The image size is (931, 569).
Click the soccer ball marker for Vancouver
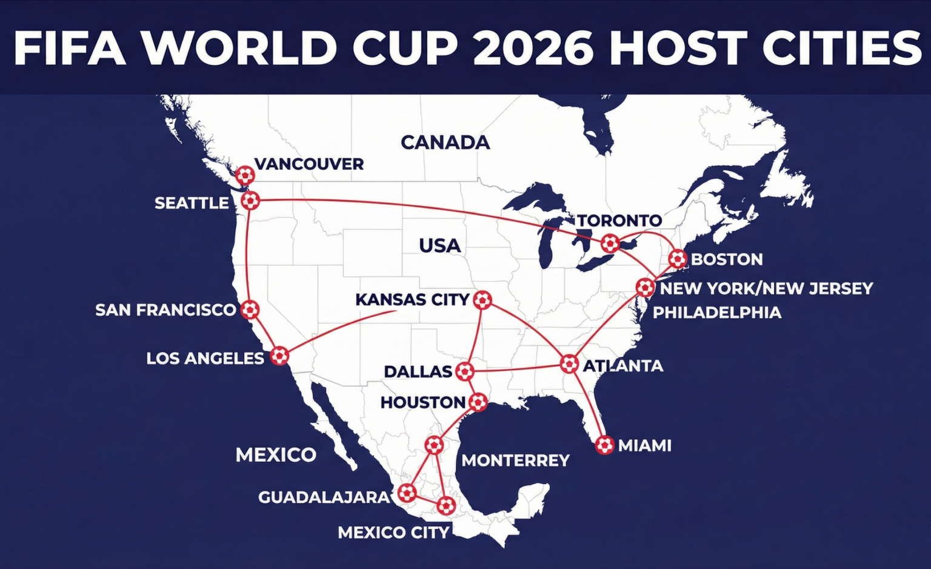click(x=245, y=175)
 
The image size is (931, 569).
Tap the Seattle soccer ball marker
click(x=250, y=200)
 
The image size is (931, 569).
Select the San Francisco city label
click(x=165, y=310)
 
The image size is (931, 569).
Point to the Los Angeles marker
click(x=279, y=355)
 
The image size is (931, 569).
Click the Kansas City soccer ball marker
click(x=482, y=299)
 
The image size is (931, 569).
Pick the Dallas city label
click(x=418, y=371)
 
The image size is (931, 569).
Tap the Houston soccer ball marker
click(x=478, y=401)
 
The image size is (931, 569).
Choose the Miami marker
click(x=604, y=445)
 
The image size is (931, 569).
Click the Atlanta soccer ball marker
click(x=569, y=364)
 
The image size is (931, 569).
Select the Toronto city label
click(x=619, y=220)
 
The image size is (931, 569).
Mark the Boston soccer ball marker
click(x=677, y=259)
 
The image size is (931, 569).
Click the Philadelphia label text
click(x=717, y=313)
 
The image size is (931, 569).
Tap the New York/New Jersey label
click(x=766, y=288)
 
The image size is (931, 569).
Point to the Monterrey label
click(x=515, y=461)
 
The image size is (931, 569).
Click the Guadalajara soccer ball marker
click(x=407, y=493)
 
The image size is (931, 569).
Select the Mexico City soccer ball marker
click(x=445, y=505)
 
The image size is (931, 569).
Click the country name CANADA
click(x=445, y=142)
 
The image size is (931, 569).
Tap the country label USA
click(x=439, y=245)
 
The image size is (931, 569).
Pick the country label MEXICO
click(x=276, y=454)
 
